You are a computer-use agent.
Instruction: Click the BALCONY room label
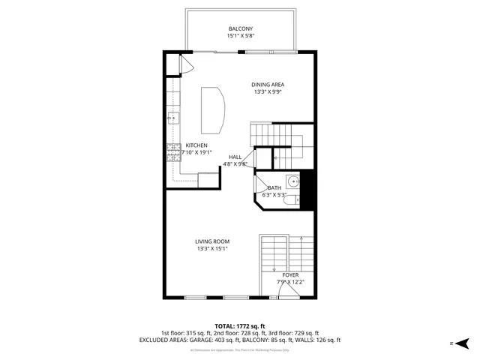240,28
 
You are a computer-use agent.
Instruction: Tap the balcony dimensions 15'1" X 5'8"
240,36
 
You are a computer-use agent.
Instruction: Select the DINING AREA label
267,85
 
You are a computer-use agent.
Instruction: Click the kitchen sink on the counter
172,118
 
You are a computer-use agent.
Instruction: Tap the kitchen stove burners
172,149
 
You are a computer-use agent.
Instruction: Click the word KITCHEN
196,145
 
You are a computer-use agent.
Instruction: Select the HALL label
235,157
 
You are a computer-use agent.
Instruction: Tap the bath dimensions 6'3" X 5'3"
274,195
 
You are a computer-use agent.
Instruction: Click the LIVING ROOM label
212,241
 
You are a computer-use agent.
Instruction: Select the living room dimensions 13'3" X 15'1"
212,249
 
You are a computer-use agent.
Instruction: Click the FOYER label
290,275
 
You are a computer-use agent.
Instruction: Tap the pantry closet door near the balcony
187,65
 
